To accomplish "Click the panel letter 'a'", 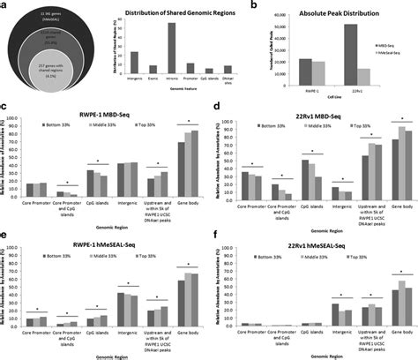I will point(4,6).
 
